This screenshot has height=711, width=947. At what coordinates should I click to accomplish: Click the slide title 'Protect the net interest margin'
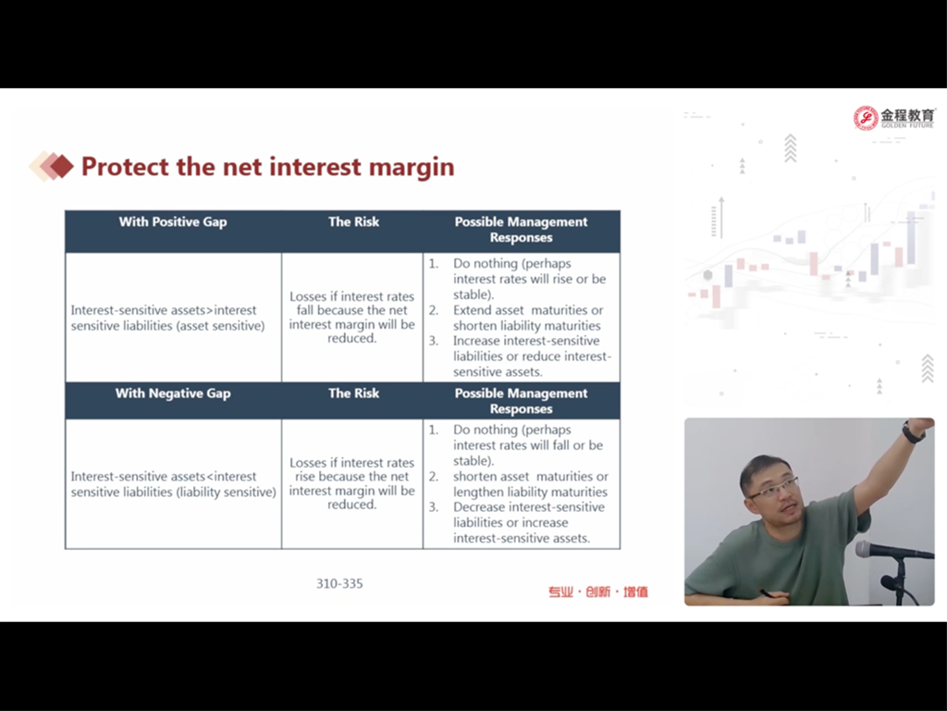click(267, 167)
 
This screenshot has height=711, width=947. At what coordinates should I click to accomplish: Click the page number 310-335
click(339, 583)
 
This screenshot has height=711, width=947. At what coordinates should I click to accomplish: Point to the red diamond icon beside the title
click(61, 167)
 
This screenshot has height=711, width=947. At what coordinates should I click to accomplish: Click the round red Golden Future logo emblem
click(866, 118)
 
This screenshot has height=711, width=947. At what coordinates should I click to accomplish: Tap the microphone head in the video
click(869, 550)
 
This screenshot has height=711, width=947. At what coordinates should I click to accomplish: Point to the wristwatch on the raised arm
click(913, 431)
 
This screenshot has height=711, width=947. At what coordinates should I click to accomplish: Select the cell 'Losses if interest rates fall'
click(352, 318)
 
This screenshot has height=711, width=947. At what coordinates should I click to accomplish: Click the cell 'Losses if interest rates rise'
click(352, 483)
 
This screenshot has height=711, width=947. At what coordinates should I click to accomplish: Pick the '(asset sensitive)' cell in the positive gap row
click(168, 318)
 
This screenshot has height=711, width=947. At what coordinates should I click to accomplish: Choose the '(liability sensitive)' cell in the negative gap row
click(173, 484)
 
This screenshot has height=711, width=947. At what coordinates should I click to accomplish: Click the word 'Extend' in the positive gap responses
click(473, 310)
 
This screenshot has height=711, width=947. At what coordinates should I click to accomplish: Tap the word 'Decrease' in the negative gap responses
click(478, 507)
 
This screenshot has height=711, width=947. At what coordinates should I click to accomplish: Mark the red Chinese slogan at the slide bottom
click(598, 592)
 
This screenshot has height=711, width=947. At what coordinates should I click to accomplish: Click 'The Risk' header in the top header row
click(354, 222)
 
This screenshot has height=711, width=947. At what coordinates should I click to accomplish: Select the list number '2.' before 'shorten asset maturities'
click(434, 477)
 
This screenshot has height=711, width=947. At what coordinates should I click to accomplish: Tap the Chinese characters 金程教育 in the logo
click(907, 115)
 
